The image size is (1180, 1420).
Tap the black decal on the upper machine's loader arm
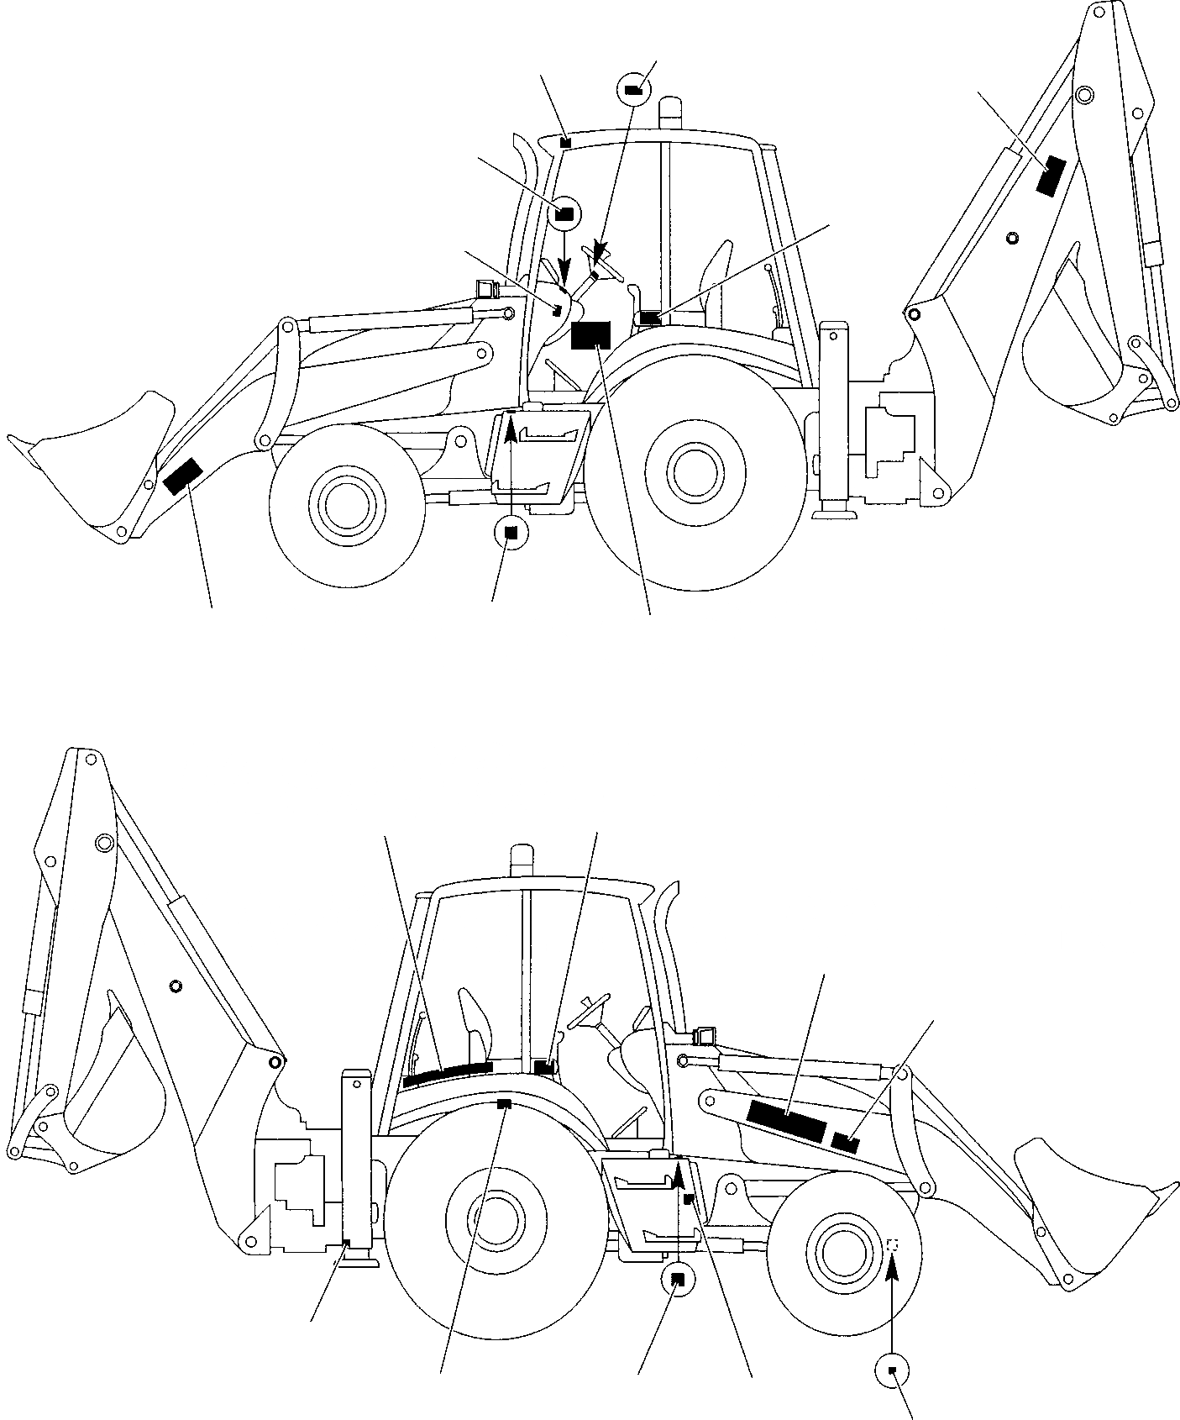click(181, 476)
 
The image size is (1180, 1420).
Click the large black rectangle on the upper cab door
click(590, 334)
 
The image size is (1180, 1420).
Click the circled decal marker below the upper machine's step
click(511, 532)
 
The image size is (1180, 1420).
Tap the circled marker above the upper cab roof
click(633, 89)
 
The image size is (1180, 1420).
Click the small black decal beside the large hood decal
click(846, 1142)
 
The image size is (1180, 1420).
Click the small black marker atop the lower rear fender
click(504, 1103)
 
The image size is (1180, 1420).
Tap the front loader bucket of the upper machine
click(92, 471)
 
